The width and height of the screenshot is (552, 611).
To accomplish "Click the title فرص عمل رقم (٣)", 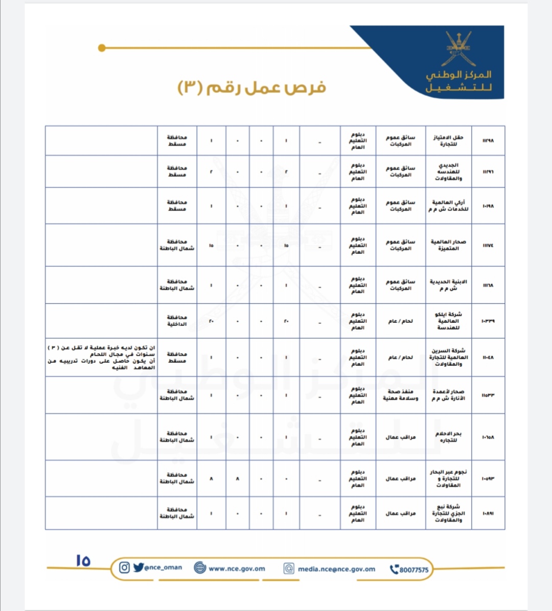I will [x=252, y=87].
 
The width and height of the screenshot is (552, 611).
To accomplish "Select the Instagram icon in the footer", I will [x=124, y=568].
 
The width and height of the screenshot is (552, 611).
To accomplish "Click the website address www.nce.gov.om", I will [x=237, y=568].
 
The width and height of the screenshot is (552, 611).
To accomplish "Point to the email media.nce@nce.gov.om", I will [x=336, y=569].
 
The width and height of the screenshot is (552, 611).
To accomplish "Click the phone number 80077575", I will [x=413, y=570].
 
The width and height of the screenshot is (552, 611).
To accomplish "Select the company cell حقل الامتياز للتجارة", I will [x=448, y=140].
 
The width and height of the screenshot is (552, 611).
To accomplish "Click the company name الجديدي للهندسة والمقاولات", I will [x=448, y=172].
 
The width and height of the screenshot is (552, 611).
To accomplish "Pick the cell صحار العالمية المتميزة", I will [x=448, y=245].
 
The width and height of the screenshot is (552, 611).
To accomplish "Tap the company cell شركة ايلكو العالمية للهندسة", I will [x=448, y=321].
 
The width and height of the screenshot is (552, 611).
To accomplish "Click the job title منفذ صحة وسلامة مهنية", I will [x=401, y=395].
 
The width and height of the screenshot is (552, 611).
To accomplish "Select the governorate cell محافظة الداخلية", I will [x=177, y=321].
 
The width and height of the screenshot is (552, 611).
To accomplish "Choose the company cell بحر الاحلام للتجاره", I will [x=448, y=437].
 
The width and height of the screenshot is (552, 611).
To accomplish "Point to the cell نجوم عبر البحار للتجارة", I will [x=448, y=479].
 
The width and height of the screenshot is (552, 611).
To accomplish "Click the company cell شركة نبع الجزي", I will [x=448, y=513].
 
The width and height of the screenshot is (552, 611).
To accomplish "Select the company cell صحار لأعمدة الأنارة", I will [x=448, y=395].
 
